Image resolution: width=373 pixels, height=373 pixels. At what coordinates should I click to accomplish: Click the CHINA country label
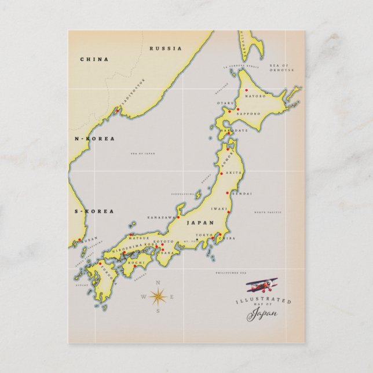pos(94,59)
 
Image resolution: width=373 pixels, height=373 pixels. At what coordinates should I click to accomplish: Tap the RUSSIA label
pos(166,49)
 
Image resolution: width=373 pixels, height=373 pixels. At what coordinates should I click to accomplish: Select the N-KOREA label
pos(95,138)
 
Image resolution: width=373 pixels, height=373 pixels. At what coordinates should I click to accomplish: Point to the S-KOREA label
pos(94,211)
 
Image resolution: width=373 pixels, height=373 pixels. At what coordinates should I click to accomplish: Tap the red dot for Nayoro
pos(246,90)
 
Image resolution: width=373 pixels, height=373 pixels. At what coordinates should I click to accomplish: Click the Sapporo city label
pos(249,114)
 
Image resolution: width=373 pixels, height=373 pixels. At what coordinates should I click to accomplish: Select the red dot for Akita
pos(221,173)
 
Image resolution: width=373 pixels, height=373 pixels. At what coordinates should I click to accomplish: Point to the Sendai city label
pos(241,193)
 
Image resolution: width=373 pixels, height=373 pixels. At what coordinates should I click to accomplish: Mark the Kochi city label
pos(136,263)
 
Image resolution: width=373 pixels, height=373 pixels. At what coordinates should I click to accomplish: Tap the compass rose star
pos(158,297)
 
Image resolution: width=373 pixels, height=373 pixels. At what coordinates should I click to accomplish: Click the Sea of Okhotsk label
pos(281,68)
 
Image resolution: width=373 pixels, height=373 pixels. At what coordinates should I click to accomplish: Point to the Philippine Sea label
pos(231,272)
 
